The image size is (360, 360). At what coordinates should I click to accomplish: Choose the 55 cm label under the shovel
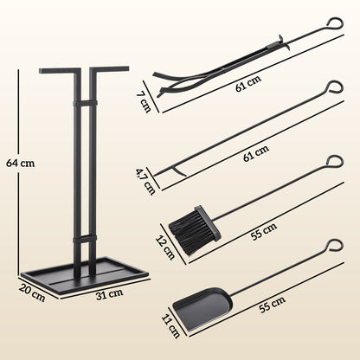tap(271, 304)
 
